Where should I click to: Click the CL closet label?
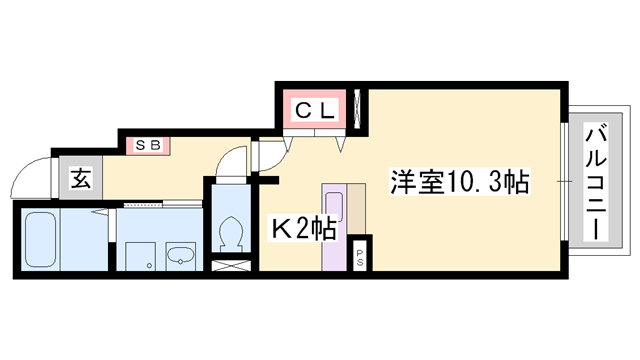[315, 109]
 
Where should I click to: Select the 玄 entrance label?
[81, 181]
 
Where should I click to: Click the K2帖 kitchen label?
[304, 228]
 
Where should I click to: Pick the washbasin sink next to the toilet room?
[181, 254]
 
